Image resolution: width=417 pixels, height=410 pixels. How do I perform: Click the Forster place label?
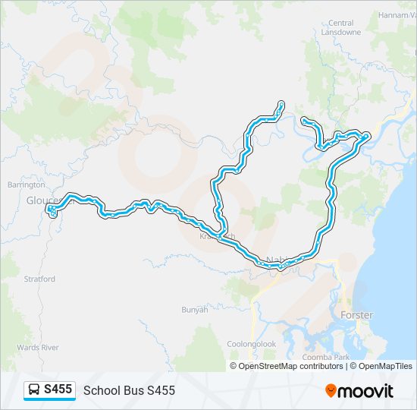[x=357, y=315]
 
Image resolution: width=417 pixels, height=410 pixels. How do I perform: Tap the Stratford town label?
[x=39, y=279]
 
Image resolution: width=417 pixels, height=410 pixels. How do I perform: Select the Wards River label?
[x=38, y=347]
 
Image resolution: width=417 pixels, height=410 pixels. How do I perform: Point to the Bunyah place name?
[x=194, y=309]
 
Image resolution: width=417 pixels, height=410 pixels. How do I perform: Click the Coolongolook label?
[x=252, y=344]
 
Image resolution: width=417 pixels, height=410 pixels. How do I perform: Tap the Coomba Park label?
[x=325, y=357]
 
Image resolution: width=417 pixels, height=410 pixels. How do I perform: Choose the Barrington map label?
[x=26, y=184]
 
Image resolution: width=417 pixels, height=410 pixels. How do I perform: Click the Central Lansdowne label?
[x=341, y=27]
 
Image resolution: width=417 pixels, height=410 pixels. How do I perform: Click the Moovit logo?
[x=359, y=390]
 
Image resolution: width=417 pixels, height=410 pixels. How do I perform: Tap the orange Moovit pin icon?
[x=331, y=390]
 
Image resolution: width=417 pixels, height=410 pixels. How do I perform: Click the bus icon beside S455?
[x=34, y=389]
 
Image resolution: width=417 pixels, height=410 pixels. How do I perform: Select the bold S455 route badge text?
[x=58, y=389]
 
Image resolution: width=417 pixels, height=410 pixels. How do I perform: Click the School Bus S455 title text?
[x=129, y=390]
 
